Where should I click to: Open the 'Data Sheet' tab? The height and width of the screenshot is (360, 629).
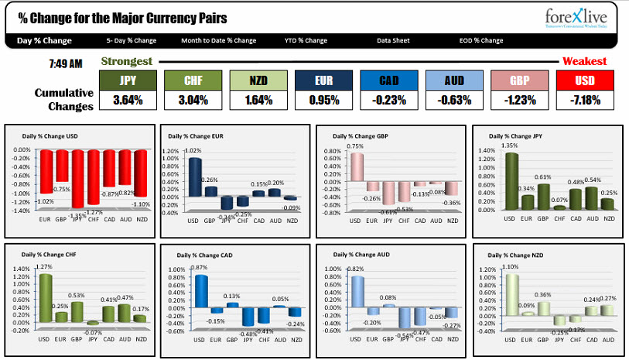click(x=393, y=40)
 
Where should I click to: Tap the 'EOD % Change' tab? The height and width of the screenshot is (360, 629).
click(x=480, y=40)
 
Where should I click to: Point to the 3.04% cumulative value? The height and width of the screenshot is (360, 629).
click(x=193, y=100)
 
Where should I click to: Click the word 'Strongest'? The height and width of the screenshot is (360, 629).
click(x=127, y=61)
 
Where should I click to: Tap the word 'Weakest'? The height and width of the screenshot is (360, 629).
click(x=584, y=61)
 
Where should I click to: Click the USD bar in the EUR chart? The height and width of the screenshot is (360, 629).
click(x=195, y=177)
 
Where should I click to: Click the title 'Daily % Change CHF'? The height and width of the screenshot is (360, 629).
click(x=46, y=254)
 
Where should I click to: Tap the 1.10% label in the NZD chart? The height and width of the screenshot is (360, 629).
click(x=511, y=266)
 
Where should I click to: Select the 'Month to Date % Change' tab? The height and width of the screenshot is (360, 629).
click(x=218, y=40)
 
